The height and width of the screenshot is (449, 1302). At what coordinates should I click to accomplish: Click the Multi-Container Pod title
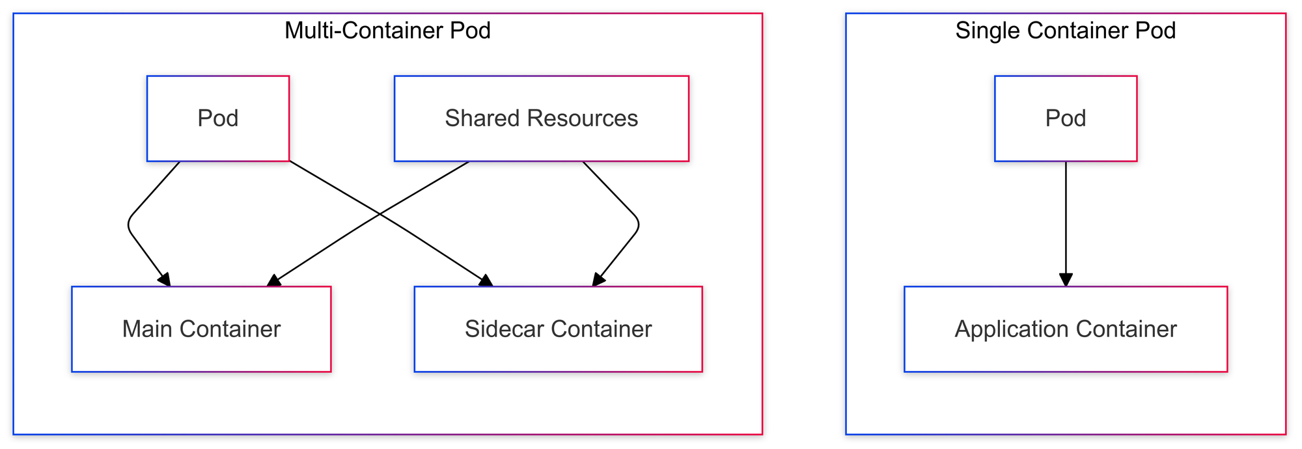(387, 31)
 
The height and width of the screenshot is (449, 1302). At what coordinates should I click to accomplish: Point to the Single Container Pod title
(1065, 31)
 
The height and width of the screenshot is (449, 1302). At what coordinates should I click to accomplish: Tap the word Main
(148, 329)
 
